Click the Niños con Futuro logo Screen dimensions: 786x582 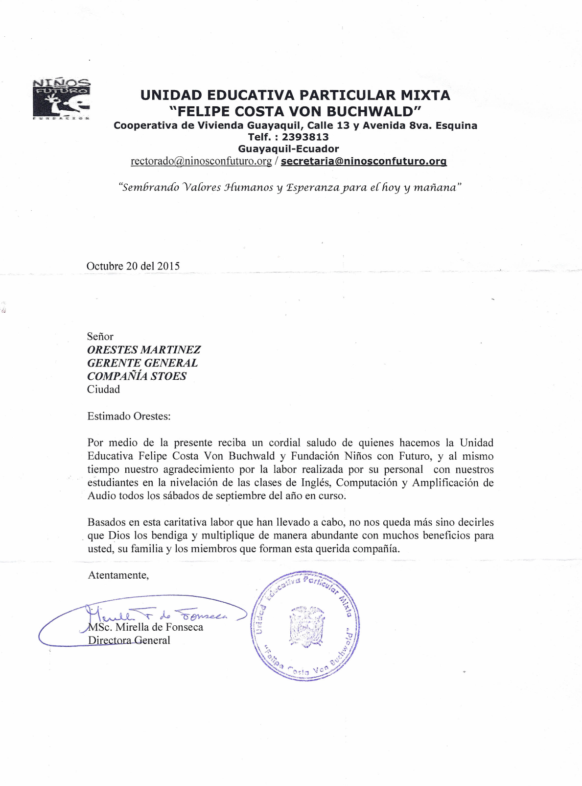[x=61, y=98]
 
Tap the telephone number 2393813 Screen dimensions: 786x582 [x=305, y=137]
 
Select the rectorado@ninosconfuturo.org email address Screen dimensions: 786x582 [x=201, y=161]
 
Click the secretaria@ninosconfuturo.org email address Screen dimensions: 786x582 [x=364, y=161]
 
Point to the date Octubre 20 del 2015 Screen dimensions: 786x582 [x=133, y=266]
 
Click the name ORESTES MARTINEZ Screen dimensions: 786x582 [x=144, y=350]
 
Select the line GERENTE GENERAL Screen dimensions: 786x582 [x=142, y=363]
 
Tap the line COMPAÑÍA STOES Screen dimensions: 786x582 [x=137, y=376]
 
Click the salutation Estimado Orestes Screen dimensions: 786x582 [x=129, y=417]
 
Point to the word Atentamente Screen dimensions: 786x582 [x=118, y=575]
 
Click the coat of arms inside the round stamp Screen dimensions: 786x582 [x=306, y=626]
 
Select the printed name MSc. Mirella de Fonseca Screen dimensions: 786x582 [x=145, y=627]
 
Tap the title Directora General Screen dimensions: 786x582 [x=129, y=640]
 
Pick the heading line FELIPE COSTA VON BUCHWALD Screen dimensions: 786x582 [x=295, y=111]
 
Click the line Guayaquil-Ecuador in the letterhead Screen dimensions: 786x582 [x=288, y=149]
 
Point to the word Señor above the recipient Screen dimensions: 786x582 [x=100, y=337]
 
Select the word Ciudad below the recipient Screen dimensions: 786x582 [x=103, y=390]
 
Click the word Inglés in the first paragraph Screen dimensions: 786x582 [x=315, y=483]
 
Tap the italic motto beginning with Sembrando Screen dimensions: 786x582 [x=290, y=188]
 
